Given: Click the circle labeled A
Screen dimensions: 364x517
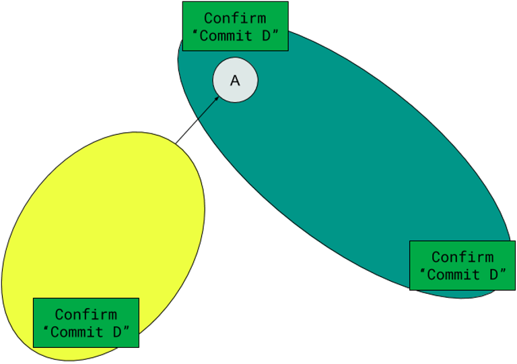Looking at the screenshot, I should [235, 80].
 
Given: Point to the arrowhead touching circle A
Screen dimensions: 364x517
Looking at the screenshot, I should [217, 98].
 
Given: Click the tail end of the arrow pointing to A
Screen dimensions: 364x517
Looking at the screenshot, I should [198, 119].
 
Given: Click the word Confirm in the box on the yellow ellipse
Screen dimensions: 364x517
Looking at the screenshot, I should [85, 314].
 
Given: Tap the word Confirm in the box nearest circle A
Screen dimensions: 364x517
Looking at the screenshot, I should [235, 18].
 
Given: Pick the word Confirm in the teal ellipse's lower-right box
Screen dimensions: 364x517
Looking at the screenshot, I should [462, 257].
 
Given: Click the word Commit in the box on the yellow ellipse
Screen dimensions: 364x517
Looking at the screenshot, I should [77, 332].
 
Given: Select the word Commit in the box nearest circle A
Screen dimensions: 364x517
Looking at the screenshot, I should [226, 36].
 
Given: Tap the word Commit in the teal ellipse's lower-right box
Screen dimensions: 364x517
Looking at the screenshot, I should [454, 274].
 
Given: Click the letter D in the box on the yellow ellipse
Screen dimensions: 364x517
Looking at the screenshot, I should [116, 332].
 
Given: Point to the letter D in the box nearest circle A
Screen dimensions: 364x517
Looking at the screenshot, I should [266, 36].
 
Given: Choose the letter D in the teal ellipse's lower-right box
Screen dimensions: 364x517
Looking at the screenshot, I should [493, 274].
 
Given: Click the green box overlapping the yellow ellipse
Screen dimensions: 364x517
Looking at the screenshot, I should [85, 322].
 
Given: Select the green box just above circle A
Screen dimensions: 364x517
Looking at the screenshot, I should [235, 26].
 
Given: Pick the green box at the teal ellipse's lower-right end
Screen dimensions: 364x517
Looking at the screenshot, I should [462, 265].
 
